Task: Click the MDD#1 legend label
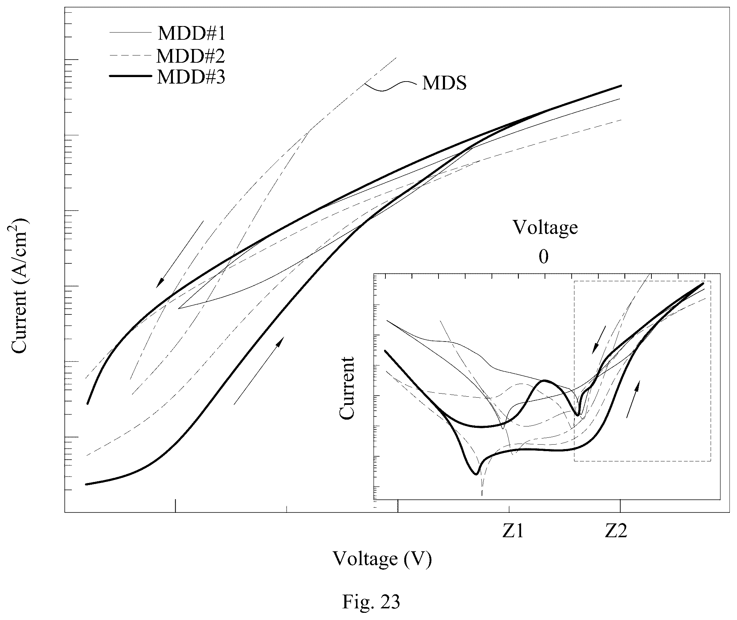point(191,33)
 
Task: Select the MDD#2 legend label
point(190,55)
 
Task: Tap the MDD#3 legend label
point(191,77)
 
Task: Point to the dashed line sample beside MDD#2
point(131,55)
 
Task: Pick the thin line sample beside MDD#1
point(131,33)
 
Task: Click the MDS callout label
point(444,83)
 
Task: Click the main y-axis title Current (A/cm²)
point(20,286)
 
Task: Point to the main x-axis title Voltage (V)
point(382,559)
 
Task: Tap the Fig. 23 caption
point(371,602)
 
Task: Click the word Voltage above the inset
point(546,228)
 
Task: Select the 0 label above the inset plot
point(544,257)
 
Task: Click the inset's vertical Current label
point(347,388)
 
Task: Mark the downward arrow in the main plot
point(180,254)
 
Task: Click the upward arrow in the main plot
point(258,370)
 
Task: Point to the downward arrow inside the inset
point(599,339)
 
